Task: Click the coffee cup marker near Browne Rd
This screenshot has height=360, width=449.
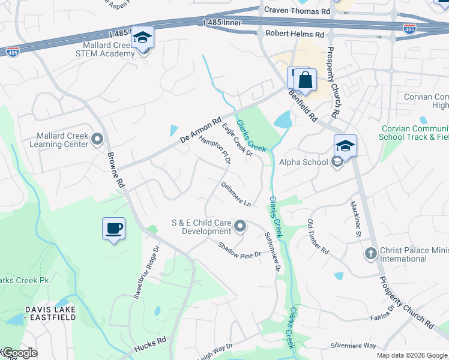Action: point(114,229)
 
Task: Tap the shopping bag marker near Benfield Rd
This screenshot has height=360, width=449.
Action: point(305,80)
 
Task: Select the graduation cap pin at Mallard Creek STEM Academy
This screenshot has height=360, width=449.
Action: point(143,38)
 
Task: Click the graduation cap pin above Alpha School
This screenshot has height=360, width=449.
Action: point(345,146)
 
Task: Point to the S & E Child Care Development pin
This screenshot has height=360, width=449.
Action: point(240,226)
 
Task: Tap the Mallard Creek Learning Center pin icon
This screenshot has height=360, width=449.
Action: point(98,140)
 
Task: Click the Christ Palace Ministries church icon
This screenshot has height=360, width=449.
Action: point(370,254)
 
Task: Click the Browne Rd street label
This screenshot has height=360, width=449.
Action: point(116,170)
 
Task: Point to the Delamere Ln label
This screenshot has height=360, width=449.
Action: point(235,194)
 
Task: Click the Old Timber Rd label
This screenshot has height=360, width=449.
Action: point(318,236)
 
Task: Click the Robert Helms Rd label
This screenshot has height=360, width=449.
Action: point(295,34)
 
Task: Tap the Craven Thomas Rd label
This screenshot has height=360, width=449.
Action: point(297,11)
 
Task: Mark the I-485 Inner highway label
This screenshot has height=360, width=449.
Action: point(222,23)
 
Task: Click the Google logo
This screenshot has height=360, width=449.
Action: point(19,353)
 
